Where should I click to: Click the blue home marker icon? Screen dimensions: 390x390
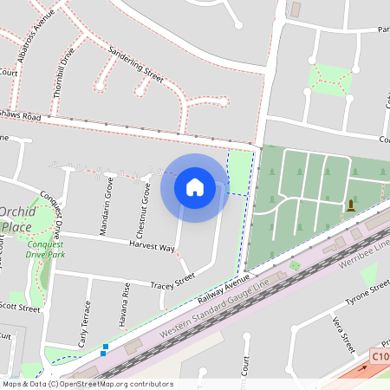(195, 186)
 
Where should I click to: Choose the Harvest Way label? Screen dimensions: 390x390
(153, 248)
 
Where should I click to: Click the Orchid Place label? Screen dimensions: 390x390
(17, 219)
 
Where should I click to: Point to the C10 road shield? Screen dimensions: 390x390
(380, 356)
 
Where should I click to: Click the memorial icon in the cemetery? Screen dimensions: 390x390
(351, 205)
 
